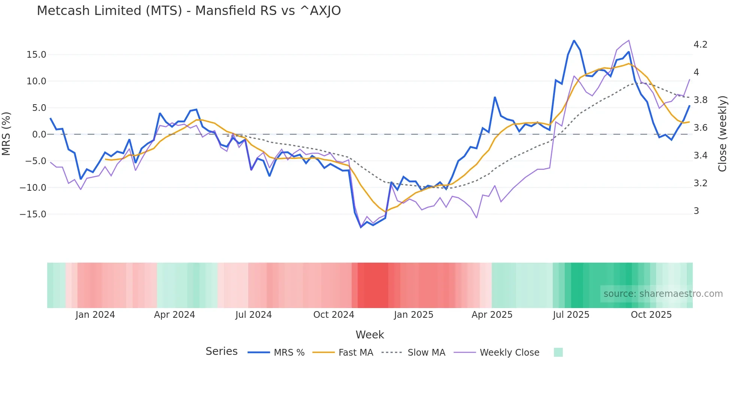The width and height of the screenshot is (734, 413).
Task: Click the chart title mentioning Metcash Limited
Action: coord(189,11)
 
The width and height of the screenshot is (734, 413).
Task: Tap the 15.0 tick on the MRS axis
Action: coord(36,55)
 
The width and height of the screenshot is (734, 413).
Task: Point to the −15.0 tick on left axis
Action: coord(33,214)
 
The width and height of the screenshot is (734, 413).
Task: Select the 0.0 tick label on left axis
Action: coord(39,135)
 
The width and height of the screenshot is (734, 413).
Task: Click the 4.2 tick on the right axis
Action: coord(700,45)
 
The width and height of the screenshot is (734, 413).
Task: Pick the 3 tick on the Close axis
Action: coord(696,211)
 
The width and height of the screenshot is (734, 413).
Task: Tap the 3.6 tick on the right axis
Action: coord(700,128)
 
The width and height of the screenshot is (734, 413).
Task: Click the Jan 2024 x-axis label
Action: coord(95,315)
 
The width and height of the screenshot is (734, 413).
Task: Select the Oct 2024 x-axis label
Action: coord(334,315)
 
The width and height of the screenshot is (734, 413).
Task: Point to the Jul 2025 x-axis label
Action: coord(571,315)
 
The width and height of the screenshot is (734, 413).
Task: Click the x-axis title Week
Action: coord(370,335)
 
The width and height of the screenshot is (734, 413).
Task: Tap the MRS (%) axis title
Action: coord(6,134)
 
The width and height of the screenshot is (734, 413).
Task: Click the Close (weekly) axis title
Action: coord(723,134)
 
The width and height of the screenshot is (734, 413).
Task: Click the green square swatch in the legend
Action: coord(558,352)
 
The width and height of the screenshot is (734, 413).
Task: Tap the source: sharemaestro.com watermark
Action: coord(663,294)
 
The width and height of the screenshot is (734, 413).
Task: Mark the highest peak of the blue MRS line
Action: coord(574,40)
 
